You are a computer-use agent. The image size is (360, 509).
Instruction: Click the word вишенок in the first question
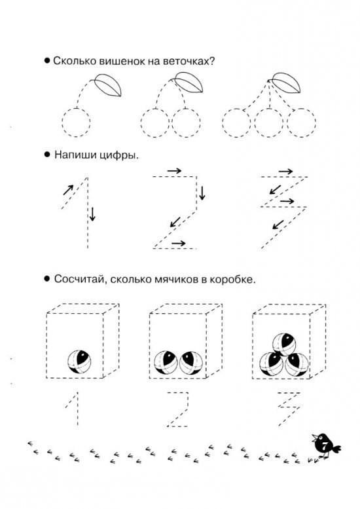(122, 61)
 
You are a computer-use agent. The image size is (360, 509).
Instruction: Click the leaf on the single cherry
(108, 85)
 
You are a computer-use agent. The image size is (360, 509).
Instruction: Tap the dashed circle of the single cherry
(76, 123)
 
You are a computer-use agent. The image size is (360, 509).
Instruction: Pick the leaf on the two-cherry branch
(189, 82)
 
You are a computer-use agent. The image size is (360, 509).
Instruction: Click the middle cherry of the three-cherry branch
(269, 123)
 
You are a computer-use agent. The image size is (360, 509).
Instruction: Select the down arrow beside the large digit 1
(92, 214)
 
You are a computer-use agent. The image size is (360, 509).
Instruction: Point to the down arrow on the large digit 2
(202, 193)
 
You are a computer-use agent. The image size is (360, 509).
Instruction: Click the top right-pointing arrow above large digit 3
(286, 171)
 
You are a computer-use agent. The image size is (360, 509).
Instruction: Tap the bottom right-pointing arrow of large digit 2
(179, 243)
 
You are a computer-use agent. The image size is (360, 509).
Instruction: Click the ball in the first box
(79, 362)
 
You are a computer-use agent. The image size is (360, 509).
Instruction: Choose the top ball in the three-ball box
(284, 345)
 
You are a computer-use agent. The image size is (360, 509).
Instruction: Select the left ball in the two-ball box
(166, 363)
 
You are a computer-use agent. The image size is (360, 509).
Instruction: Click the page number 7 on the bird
(325, 445)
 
